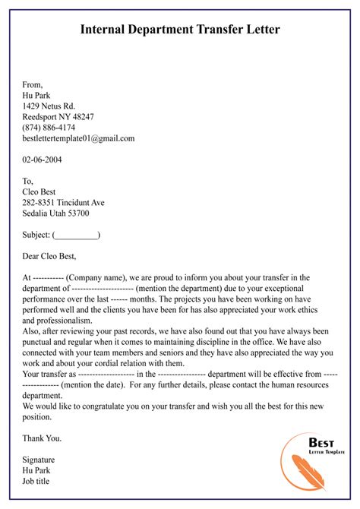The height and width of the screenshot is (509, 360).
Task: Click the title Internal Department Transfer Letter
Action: coord(180,30)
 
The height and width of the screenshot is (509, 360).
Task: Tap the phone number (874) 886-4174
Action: coord(49,128)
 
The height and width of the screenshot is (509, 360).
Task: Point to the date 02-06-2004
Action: coord(43,160)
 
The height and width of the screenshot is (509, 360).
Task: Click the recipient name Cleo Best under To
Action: coord(43,192)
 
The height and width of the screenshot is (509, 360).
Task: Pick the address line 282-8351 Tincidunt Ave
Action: coord(64,203)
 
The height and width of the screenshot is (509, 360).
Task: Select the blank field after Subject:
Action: coord(77,236)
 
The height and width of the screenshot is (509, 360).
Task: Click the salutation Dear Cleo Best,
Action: coord(50,256)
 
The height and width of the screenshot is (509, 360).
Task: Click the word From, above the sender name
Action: coord(33,84)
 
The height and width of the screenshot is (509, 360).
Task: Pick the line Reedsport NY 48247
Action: coord(58,117)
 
